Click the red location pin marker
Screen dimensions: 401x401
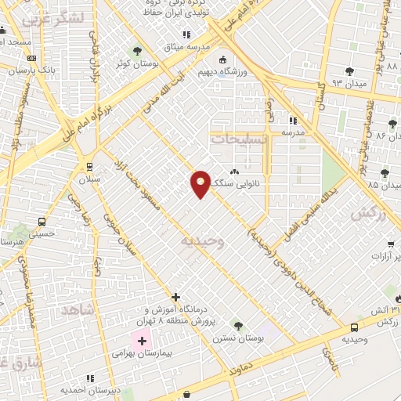[x=200, y=183]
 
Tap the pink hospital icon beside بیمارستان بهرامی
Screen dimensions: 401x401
[x=142, y=341]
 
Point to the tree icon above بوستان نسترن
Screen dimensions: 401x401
[x=237, y=325]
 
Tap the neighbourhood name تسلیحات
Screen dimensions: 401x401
[x=239, y=138]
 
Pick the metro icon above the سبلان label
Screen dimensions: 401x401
[x=89, y=166]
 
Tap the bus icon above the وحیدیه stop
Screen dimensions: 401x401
[x=355, y=327]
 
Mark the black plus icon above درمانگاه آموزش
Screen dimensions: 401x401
[x=176, y=298]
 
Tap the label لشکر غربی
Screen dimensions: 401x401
[x=45, y=19]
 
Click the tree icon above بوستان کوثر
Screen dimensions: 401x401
[x=138, y=52]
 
